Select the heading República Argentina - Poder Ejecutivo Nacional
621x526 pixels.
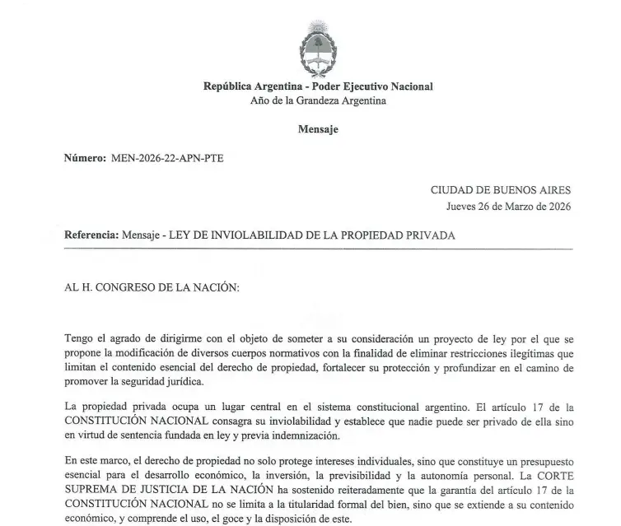point(318,87)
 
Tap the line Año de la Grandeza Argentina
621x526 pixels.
point(318,100)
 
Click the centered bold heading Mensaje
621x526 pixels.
point(318,129)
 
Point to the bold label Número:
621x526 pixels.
point(85,158)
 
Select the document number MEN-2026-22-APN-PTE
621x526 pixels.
point(166,158)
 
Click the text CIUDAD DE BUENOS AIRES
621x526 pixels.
point(501,190)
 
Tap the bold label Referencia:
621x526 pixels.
point(91,235)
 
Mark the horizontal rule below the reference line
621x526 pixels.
point(318,247)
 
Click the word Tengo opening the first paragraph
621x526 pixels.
point(79,337)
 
